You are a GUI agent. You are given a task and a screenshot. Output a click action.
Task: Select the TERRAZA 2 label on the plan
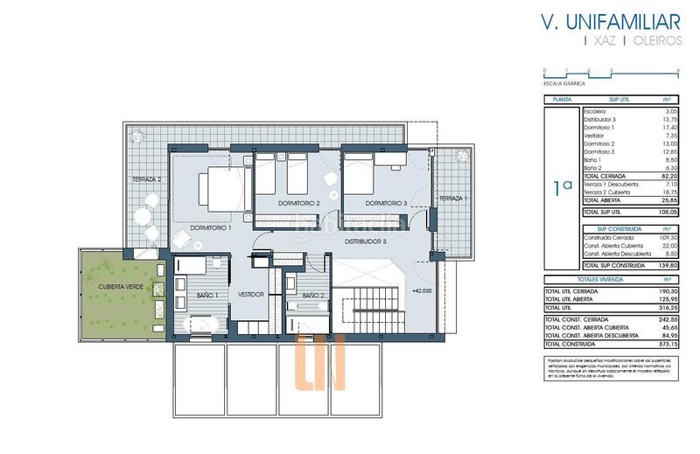coord(147,179)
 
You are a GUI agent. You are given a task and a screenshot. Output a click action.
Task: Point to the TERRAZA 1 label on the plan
coord(453,199)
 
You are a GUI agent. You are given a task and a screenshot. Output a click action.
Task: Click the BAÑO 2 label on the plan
coord(314,296)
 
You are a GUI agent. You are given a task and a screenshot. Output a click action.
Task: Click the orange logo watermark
coord(320,364)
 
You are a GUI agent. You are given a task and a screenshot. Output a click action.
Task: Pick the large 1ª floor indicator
coord(562,186)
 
